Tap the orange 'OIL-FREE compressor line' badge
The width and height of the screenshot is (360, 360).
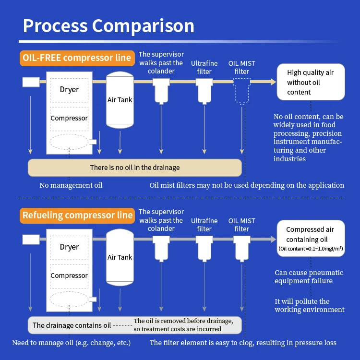[x=76, y=58]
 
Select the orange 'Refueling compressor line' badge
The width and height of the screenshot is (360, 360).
[x=77, y=215]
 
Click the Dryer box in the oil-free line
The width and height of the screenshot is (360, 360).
[x=69, y=90]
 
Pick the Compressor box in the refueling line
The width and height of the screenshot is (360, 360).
[x=69, y=276]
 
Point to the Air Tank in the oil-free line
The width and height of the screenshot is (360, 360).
[x=120, y=100]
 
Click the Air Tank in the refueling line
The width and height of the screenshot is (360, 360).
[x=120, y=257]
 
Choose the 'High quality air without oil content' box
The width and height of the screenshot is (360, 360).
[x=311, y=82]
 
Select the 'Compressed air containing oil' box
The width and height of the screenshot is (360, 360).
[x=311, y=239]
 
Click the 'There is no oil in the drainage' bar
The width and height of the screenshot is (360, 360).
[x=135, y=168]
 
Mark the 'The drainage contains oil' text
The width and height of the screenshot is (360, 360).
[x=72, y=325]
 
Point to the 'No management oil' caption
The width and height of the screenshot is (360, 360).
[x=71, y=185]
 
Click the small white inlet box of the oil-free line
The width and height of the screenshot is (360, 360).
[x=31, y=82]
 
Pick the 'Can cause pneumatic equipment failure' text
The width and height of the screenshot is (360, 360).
[x=303, y=276]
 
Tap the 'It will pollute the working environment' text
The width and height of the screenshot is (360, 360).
[x=309, y=305]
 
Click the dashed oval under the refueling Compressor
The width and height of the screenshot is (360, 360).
[x=69, y=298]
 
